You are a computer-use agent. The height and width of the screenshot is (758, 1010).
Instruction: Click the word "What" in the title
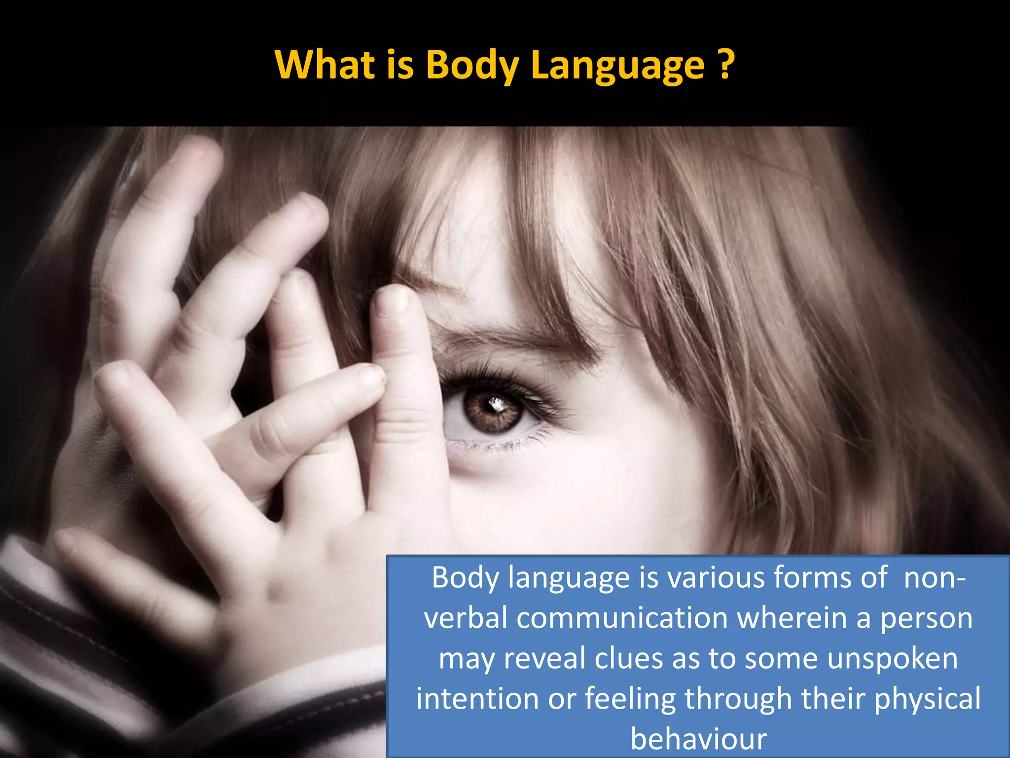[325, 65]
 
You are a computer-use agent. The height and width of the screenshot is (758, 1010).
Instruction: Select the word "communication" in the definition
[622, 618]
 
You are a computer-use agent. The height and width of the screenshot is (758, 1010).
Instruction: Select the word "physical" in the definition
[927, 700]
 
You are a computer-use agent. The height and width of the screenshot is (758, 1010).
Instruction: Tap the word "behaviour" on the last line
[698, 739]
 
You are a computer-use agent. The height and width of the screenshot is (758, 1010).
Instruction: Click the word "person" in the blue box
[927, 619]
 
